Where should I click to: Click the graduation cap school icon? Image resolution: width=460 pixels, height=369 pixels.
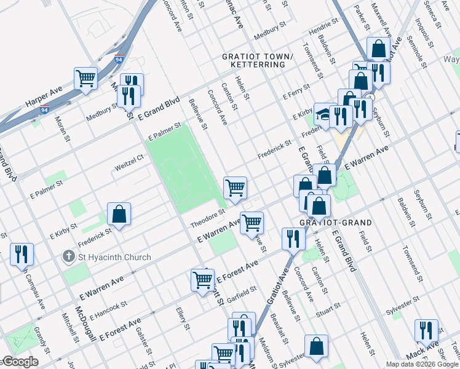coord(323,114)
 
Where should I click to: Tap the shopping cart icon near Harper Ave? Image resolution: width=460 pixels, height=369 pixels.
coord(86,78)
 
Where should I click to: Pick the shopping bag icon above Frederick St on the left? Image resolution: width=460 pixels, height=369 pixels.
coord(119,214)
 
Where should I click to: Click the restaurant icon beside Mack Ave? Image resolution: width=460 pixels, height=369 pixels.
coord(426,330)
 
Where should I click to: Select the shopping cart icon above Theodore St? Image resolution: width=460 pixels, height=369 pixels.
coord(235,187)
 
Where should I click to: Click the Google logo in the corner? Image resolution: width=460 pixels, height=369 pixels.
coord(20,362)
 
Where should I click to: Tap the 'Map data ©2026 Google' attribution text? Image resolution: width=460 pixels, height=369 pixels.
coord(422,364)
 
